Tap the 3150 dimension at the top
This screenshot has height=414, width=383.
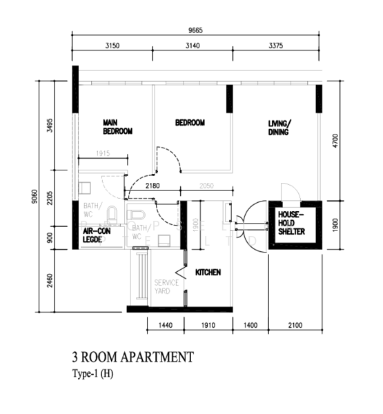pyautogui.click(x=112, y=46)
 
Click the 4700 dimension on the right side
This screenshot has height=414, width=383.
pyautogui.click(x=336, y=141)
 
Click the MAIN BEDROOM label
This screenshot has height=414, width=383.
pyautogui.click(x=117, y=126)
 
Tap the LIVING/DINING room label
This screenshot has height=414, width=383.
pyautogui.click(x=279, y=128)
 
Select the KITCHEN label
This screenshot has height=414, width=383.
pyautogui.click(x=208, y=273)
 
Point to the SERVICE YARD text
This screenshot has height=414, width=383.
pyautogui.click(x=166, y=286)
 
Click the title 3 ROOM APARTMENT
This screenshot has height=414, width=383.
pyautogui.click(x=132, y=357)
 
